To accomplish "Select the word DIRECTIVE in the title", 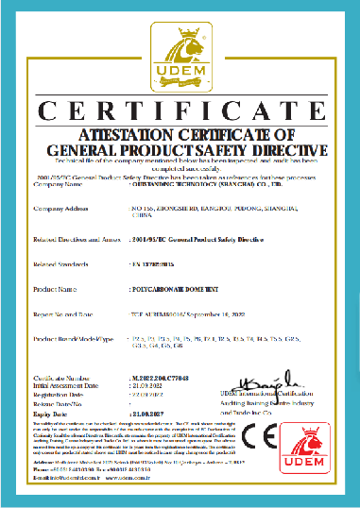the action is (x=275, y=149).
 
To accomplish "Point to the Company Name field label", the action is (x=58, y=185).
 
